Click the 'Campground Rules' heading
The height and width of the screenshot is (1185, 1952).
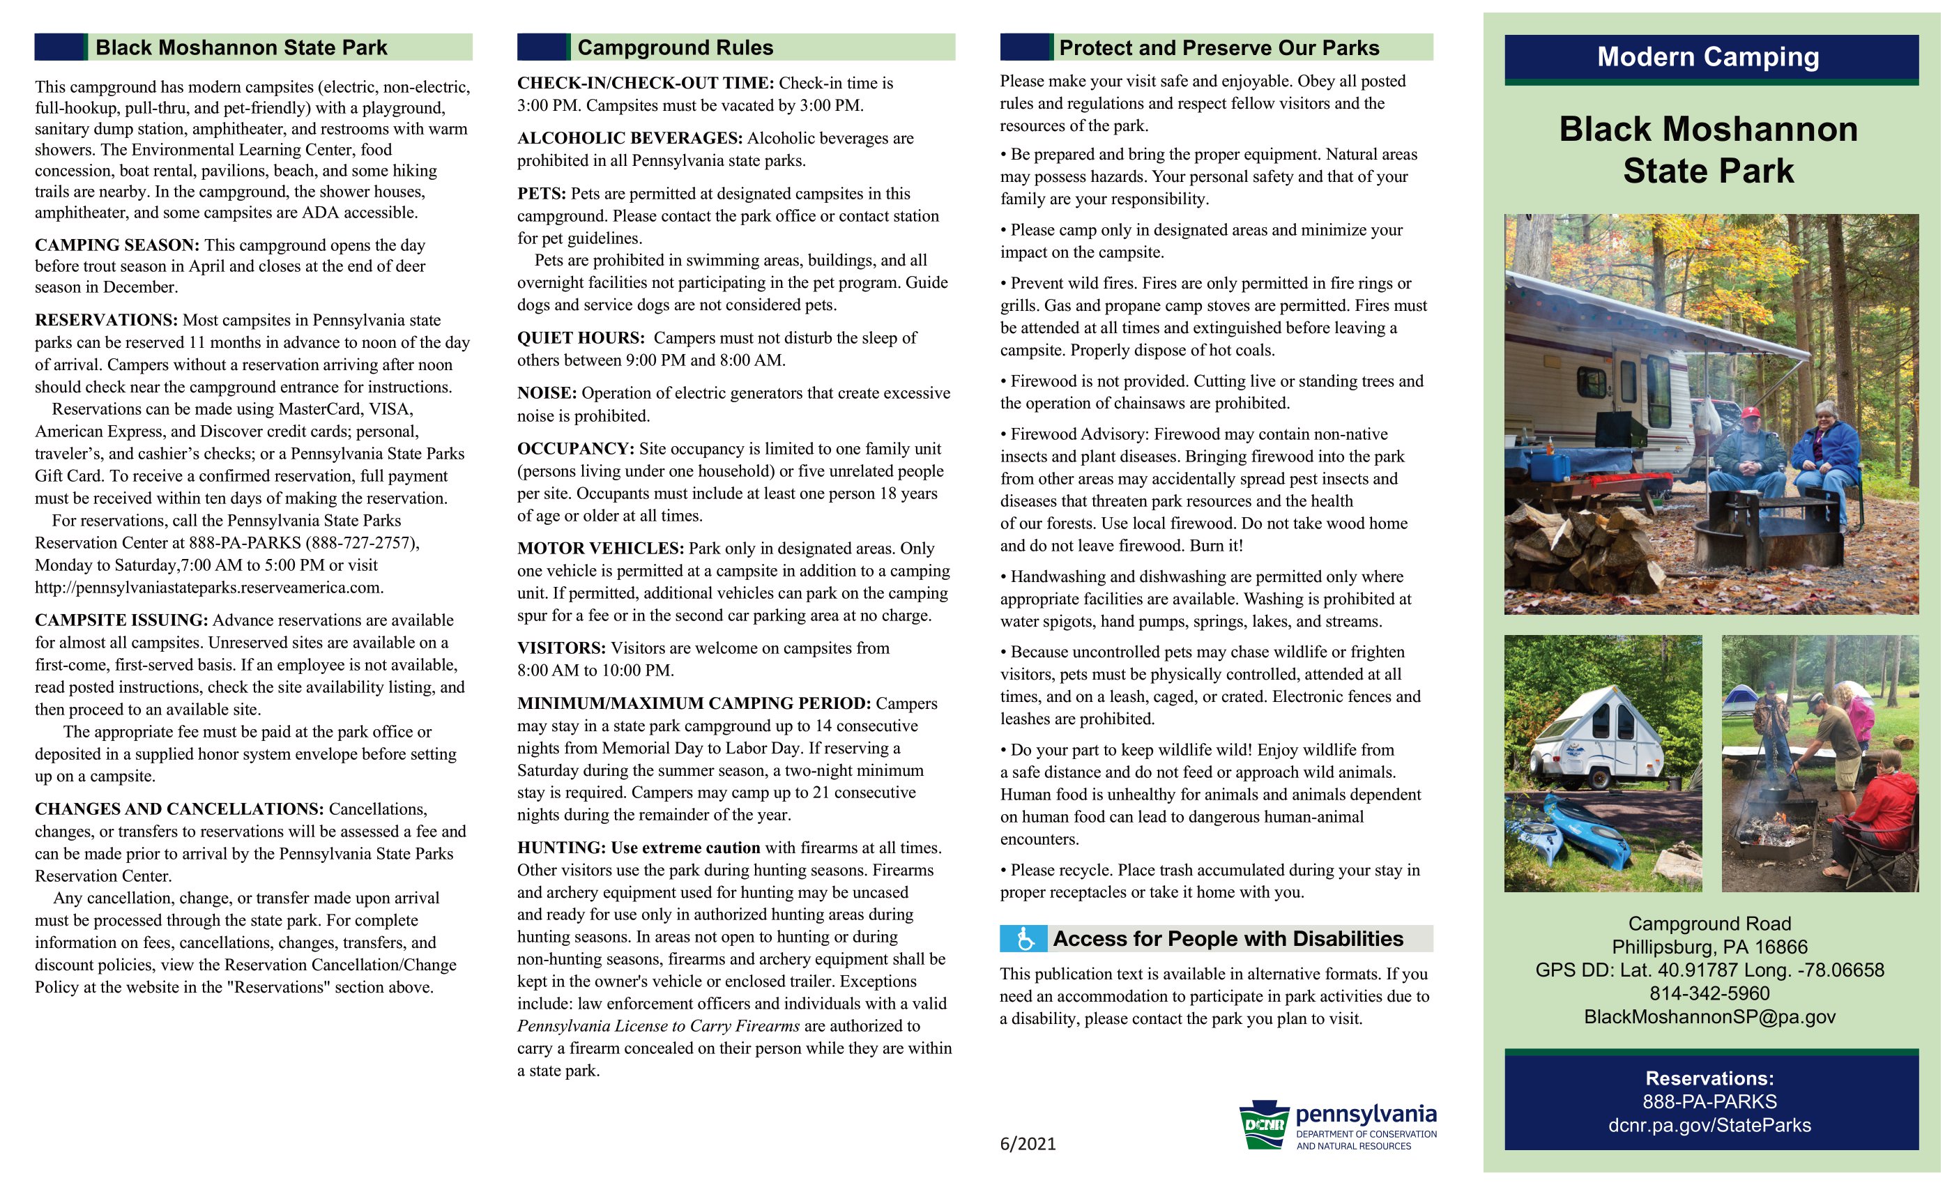click(675, 47)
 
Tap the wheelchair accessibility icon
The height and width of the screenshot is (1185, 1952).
click(1024, 939)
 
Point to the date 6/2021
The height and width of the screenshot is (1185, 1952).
click(1028, 1144)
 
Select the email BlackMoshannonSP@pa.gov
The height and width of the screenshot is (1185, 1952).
click(1709, 1017)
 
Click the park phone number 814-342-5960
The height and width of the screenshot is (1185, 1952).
click(1709, 993)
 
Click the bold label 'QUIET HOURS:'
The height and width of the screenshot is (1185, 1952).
click(580, 338)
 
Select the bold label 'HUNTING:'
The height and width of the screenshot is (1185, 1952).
click(561, 848)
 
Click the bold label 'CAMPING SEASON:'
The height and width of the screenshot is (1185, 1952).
click(116, 245)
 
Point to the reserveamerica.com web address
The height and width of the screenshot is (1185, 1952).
click(209, 588)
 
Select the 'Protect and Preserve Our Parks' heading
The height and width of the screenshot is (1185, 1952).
click(1219, 47)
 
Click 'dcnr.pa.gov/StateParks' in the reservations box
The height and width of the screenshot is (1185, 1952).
click(1709, 1126)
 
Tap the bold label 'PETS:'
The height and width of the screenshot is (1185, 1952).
click(541, 194)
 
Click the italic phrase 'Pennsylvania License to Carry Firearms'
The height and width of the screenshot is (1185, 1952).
click(658, 1027)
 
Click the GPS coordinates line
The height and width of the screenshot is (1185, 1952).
click(1709, 970)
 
